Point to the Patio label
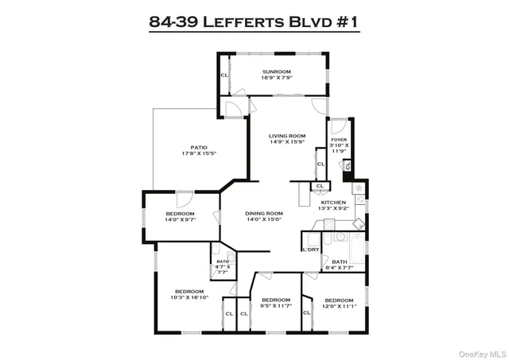199,146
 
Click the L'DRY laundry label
310,250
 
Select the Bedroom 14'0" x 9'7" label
181,214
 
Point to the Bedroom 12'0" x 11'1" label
339,300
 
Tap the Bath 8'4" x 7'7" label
340,262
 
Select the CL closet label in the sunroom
224,75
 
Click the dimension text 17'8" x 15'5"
199,153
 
